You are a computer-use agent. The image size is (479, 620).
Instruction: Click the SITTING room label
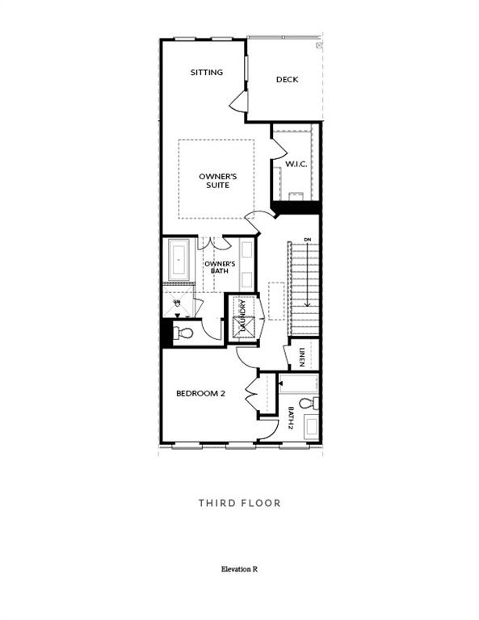click(206, 73)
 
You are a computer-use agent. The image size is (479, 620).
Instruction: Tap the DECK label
click(287, 79)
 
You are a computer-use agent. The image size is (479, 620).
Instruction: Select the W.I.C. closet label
click(295, 165)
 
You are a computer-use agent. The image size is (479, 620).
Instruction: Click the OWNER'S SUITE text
click(215, 181)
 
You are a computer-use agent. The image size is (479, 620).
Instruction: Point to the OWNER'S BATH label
click(219, 267)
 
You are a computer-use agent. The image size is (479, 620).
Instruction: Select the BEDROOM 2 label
click(200, 393)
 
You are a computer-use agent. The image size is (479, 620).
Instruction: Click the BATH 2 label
click(290, 417)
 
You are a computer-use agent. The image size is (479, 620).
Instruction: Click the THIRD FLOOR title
click(239, 503)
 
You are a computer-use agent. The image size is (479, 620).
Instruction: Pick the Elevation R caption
click(239, 569)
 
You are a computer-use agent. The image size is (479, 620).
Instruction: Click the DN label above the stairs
click(307, 240)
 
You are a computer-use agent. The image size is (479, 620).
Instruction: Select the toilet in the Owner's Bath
click(185, 333)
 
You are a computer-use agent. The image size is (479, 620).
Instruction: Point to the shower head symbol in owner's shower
click(177, 303)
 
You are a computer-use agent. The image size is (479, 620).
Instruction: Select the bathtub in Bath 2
click(299, 383)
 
